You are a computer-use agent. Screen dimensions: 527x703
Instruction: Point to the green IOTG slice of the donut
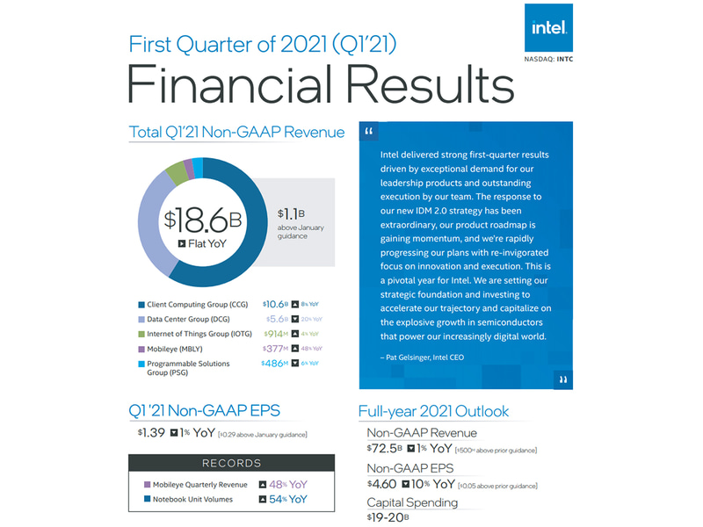click(176, 170)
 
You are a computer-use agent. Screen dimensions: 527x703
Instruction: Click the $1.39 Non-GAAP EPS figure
click(152, 434)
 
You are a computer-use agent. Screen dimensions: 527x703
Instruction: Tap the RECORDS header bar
click(231, 463)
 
